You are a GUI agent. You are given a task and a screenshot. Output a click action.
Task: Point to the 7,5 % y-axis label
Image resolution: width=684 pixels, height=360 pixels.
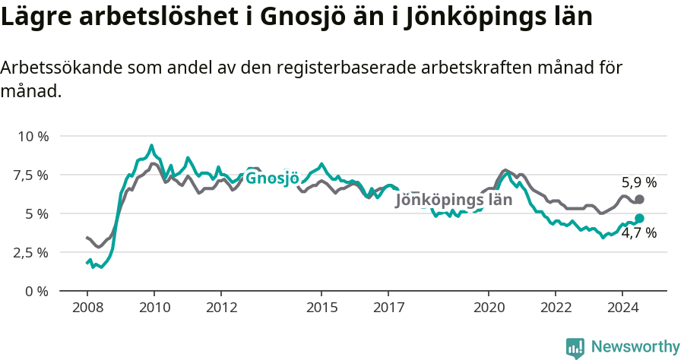click(32, 175)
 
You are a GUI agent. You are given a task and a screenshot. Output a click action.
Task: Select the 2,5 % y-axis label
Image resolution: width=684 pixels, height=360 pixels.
click(32, 252)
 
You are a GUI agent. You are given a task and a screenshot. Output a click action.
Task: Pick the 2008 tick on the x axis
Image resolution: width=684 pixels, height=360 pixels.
click(87, 308)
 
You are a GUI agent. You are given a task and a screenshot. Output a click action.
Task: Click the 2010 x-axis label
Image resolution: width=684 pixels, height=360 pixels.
click(154, 308)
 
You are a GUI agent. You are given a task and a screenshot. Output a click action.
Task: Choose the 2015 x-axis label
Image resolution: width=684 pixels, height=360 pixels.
click(321, 308)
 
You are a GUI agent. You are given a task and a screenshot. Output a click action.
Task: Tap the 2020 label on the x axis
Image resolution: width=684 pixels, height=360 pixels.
click(489, 308)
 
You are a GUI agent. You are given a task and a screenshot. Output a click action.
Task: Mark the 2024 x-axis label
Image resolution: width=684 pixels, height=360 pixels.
click(622, 308)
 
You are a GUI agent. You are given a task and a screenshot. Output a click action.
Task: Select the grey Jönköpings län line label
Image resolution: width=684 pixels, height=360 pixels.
click(454, 201)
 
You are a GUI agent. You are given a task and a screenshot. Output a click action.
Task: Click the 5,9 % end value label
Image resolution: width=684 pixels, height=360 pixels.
click(639, 182)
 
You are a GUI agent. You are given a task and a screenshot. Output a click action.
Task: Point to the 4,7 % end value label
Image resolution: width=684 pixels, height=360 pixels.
click(639, 233)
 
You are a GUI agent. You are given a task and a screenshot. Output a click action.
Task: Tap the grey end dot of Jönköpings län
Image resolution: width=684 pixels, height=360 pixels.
click(639, 199)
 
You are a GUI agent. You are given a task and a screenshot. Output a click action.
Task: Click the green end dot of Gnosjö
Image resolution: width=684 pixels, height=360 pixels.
click(639, 218)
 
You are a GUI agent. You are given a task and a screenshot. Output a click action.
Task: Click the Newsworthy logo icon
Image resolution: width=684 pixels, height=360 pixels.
click(575, 348)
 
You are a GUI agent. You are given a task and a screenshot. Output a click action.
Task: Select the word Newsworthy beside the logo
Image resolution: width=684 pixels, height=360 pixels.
click(635, 347)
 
